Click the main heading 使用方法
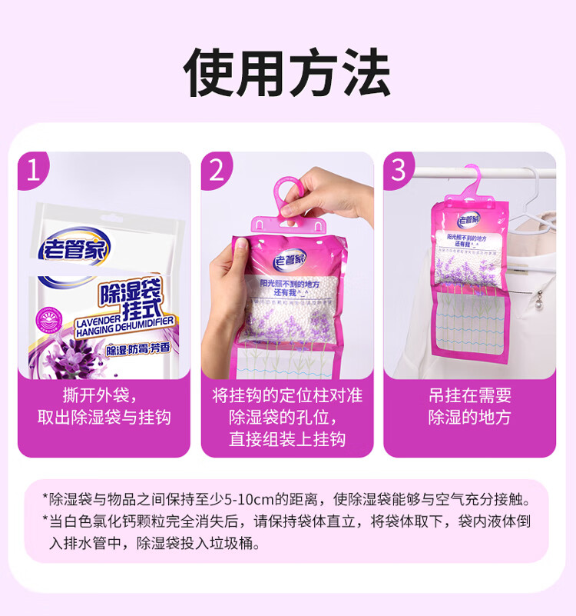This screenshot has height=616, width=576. click(287, 72)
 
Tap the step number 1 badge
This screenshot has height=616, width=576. click(33, 170)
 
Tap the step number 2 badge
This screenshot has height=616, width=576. click(217, 170)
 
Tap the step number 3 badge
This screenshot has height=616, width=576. click(398, 170)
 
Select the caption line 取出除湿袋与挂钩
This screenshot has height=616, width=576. click(104, 418)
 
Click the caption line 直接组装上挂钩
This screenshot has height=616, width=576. click(287, 439)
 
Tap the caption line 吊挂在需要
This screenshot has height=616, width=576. click(469, 396)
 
